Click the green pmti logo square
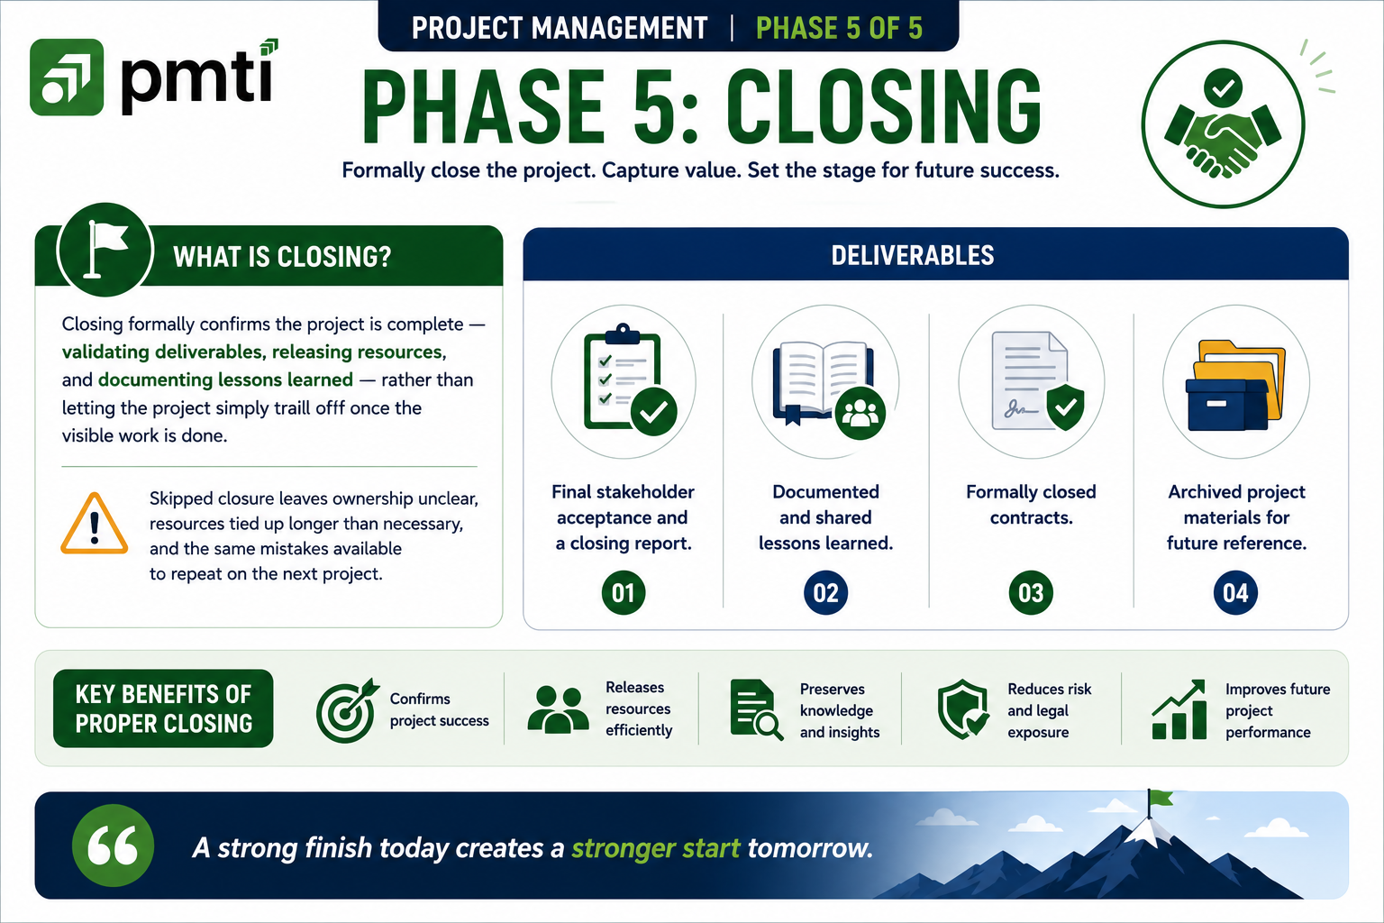coord(67,78)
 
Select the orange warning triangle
coord(94,524)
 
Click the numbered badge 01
coord(623,593)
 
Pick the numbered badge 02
coord(825,593)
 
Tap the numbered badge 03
coord(1031,593)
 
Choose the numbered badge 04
coord(1235,593)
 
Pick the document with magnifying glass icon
coord(756,709)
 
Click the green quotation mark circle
coord(113,845)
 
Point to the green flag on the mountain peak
coord(1161,799)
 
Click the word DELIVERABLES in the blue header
coord(913,255)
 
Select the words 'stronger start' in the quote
coord(656,848)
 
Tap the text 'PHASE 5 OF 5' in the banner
coord(839,29)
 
